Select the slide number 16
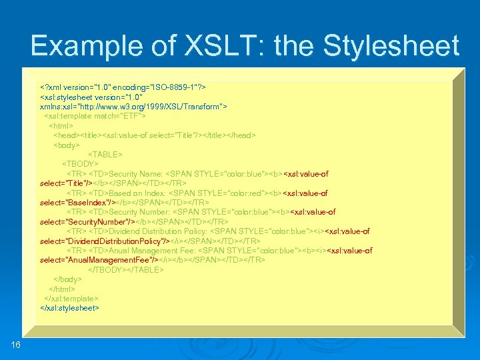pyautogui.click(x=16, y=343)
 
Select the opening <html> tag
pyautogui.click(x=61, y=125)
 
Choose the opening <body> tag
pyautogui.click(x=67, y=145)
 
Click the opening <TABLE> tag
pyautogui.click(x=105, y=154)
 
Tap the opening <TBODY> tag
pyautogui.click(x=80, y=164)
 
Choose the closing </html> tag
pyautogui.click(x=63, y=289)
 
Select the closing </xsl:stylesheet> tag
pyautogui.click(x=69, y=309)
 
